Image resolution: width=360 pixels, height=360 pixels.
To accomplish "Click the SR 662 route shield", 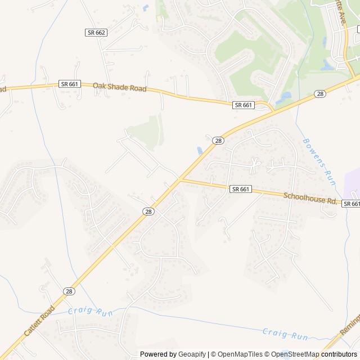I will click(96, 33).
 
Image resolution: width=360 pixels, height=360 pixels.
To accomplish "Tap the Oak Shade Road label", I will click(119, 88).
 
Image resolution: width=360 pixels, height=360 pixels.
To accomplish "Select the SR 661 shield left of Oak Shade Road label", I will click(70, 84).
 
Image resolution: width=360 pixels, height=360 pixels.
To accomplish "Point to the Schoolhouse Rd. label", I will click(309, 198).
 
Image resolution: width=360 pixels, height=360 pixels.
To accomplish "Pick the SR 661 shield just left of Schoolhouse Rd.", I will click(241, 190).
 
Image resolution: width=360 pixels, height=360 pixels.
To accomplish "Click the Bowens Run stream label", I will click(319, 162).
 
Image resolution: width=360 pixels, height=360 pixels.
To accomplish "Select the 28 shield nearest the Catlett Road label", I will click(69, 291).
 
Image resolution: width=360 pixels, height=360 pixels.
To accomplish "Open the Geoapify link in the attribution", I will click(192, 354).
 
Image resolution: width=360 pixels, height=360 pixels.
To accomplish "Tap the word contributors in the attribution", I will click(339, 354).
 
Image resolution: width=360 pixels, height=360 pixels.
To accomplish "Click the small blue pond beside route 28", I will click(200, 151).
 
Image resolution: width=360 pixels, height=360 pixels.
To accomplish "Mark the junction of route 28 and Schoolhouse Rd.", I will click(180, 179).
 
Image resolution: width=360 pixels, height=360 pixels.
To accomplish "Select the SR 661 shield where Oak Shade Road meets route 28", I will click(244, 105).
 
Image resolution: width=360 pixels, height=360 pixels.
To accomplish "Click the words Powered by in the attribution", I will click(158, 354).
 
